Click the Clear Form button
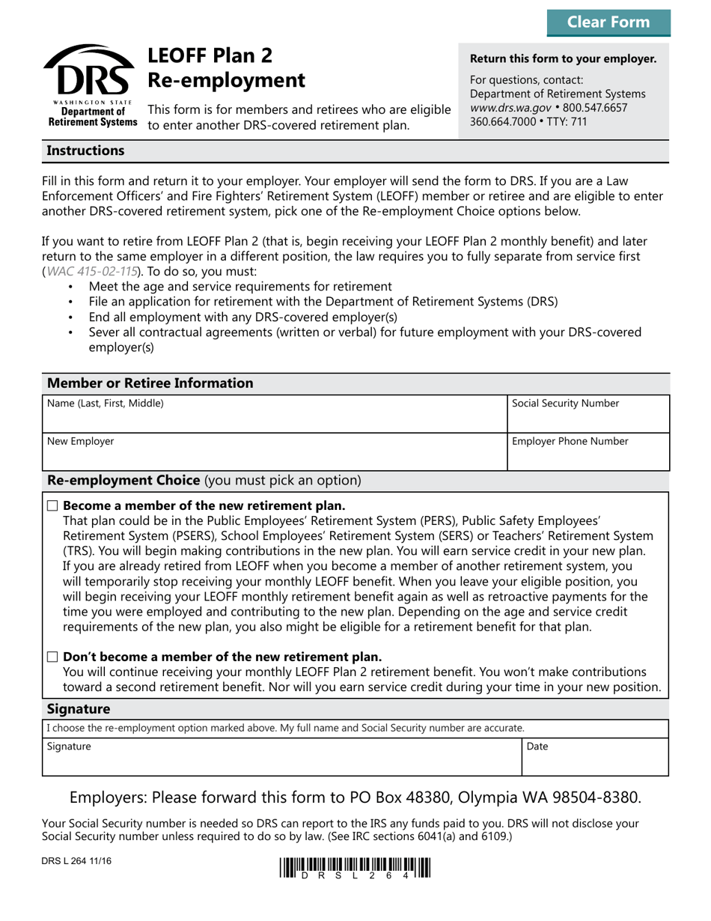coord(608,22)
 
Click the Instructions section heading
coord(85,151)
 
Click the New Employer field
coord(273,451)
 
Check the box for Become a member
coord(52,507)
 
